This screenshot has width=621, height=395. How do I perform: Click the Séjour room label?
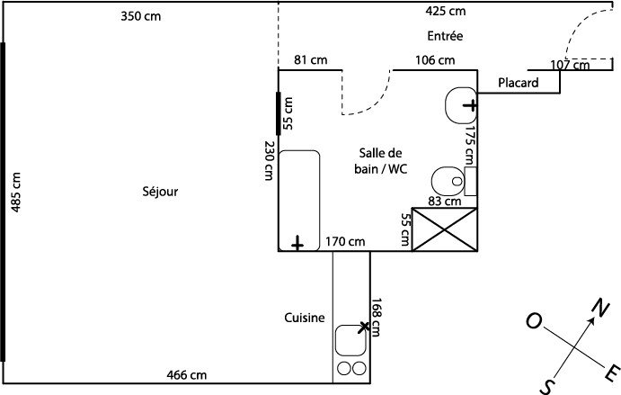(160, 191)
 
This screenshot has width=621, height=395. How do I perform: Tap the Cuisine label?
(304, 317)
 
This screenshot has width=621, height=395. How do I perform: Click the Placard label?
(518, 83)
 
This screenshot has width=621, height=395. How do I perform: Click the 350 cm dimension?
(141, 15)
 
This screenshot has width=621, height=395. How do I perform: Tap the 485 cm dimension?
(15, 192)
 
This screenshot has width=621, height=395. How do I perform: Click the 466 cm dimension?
(186, 374)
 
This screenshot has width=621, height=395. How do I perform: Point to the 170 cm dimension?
(346, 241)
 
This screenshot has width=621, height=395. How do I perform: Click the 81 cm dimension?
(311, 60)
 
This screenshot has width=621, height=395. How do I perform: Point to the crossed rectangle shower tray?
(444, 229)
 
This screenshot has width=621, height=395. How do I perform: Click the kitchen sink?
(350, 340)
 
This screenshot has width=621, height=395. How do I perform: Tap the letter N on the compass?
(596, 309)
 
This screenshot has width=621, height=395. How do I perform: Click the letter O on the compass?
(533, 321)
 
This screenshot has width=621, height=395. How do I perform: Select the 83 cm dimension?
(444, 202)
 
